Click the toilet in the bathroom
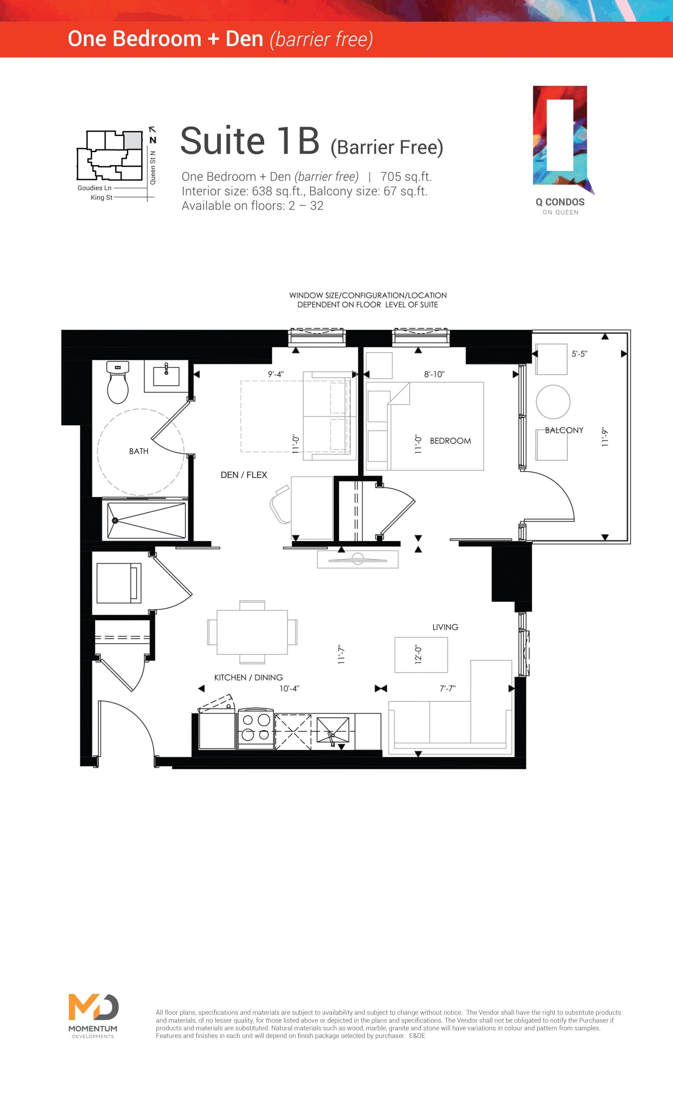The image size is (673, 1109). (118, 382)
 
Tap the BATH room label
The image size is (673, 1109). (139, 451)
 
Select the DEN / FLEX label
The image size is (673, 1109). (244, 475)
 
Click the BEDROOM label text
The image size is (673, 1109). (450, 441)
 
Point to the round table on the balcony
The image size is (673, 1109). (553, 402)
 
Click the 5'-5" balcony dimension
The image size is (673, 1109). (579, 354)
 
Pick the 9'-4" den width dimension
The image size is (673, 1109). (276, 374)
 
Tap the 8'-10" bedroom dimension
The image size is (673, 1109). (434, 374)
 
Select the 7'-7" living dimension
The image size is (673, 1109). (448, 688)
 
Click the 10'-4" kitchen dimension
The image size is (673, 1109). (289, 688)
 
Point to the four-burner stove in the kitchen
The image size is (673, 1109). (256, 728)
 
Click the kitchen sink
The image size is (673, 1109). (333, 730)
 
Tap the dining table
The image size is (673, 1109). (252, 632)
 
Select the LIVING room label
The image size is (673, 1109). (445, 627)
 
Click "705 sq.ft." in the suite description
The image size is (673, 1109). (406, 176)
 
